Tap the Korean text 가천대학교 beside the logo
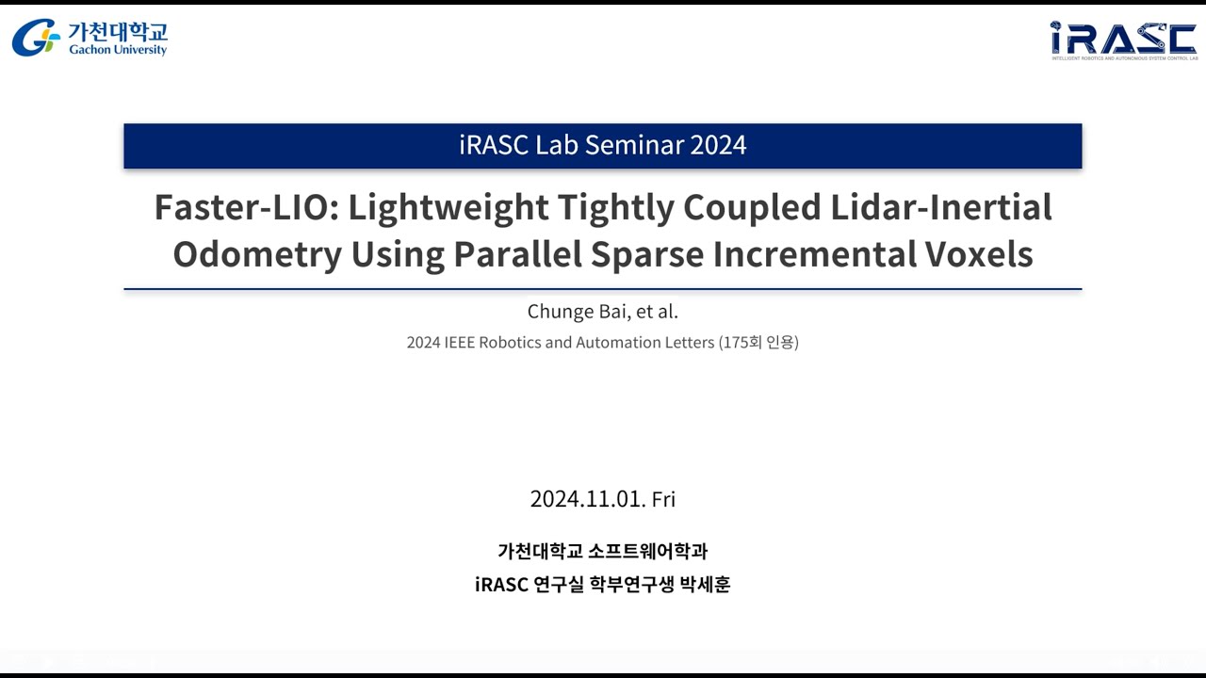coord(117,30)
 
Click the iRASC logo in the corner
coord(1123,40)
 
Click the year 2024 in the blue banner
coord(718,145)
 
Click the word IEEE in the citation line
coord(459,343)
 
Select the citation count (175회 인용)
coord(758,343)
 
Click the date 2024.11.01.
coord(587,499)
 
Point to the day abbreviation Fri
coord(663,499)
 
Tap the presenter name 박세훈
coord(705,585)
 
